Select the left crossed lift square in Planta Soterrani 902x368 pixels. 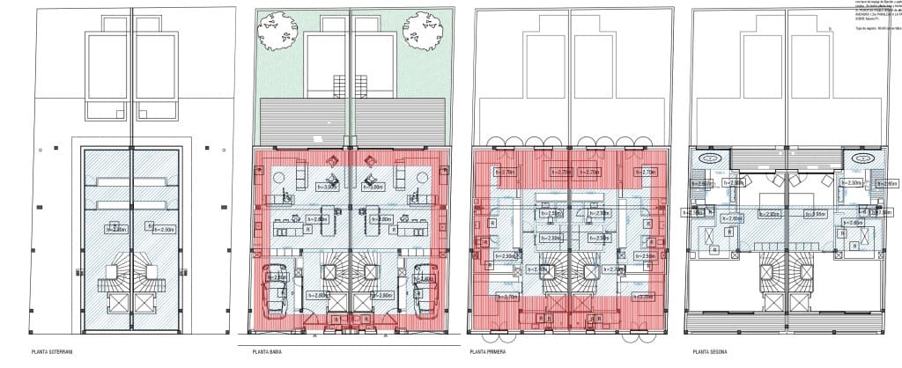[x=116, y=305]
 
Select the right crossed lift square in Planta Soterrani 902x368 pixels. [x=146, y=305]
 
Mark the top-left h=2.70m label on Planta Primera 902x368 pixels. [x=508, y=173]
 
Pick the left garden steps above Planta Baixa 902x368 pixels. [x=340, y=86]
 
